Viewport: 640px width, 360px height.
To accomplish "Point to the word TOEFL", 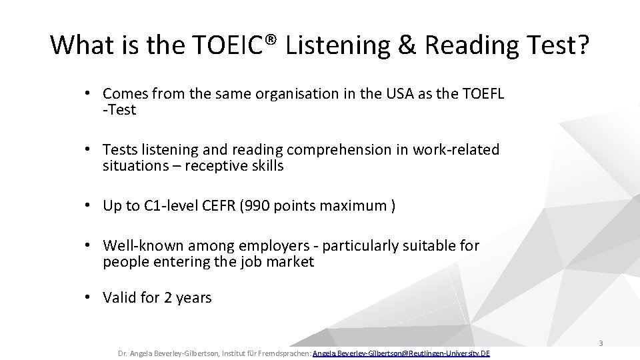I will coord(481,94).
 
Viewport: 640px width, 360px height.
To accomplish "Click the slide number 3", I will coord(601,343).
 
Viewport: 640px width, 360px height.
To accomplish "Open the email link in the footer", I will coord(401,353).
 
